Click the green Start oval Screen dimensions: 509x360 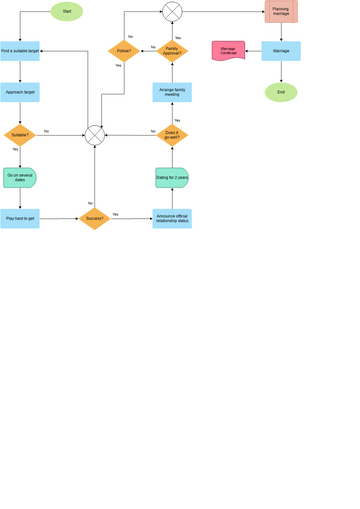click(67, 12)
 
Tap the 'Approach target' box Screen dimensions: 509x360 click(20, 92)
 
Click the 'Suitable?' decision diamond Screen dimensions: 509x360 click(20, 134)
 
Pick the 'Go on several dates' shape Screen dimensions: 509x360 click(20, 177)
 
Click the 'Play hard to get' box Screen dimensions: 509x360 click(20, 218)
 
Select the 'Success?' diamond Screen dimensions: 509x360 click(94, 218)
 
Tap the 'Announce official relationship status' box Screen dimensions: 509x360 click(172, 218)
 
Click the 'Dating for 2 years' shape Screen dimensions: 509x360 click(172, 177)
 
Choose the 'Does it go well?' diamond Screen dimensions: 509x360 click(172, 133)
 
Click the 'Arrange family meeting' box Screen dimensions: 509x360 click(172, 92)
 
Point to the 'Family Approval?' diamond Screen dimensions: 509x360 click(172, 50)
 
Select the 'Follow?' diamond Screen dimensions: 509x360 click(123, 50)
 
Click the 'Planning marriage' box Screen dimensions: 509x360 click(281, 12)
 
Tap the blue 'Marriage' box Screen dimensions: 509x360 click(281, 50)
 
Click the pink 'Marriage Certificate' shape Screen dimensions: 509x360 click(229, 50)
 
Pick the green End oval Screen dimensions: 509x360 click(281, 92)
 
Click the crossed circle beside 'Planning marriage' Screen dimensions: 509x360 click(172, 12)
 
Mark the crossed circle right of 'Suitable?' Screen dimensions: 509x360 click(94, 134)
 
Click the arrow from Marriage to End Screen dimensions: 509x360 click(281, 71)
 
